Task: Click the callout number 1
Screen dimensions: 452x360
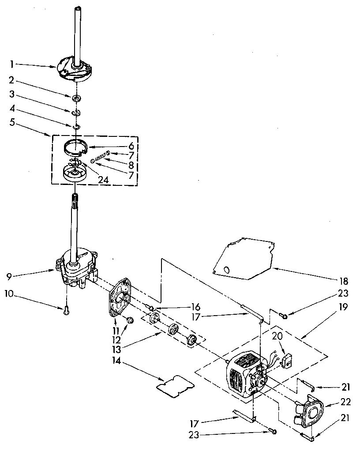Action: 12,64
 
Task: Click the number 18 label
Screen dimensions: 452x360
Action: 344,281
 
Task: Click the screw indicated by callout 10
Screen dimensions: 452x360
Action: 66,311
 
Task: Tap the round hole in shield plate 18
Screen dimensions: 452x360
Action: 226,269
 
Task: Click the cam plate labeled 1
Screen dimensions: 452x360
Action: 74,71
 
